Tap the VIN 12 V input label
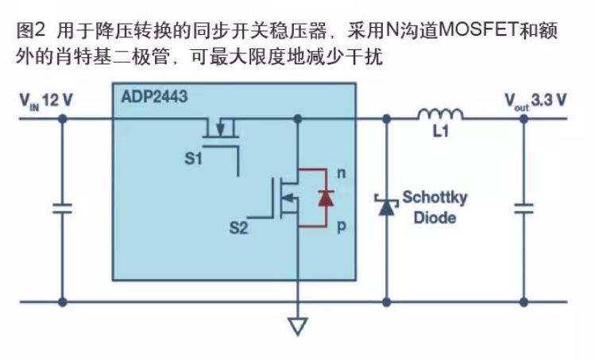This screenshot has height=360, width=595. point(47,101)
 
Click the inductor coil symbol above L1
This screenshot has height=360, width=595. point(441,116)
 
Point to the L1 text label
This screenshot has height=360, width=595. point(442,134)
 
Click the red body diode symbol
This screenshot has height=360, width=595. point(324,198)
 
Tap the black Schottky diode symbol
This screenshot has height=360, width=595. point(387,205)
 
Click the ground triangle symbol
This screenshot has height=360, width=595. point(297,326)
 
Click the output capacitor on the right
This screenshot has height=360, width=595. point(524,208)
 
